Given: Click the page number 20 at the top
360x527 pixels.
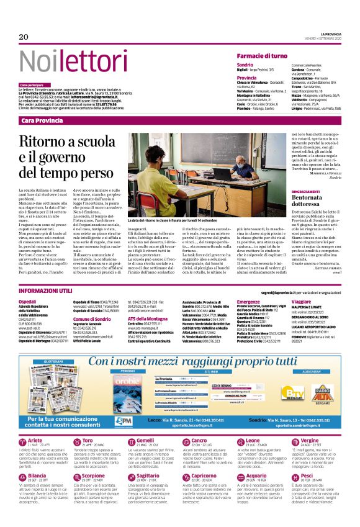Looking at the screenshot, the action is (x=24, y=37).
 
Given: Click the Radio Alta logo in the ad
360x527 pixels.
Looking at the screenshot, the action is (x=322, y=385).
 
